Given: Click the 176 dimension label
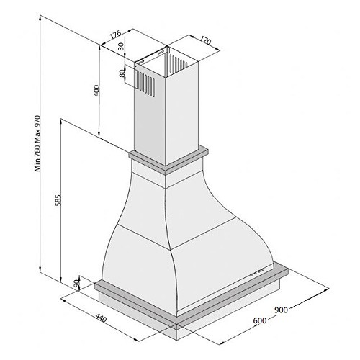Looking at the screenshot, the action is pos(116,35).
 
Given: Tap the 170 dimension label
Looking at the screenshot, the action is pos(206,40).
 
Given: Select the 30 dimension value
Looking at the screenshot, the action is pos(121,46).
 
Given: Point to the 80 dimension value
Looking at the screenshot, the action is pos(122,73).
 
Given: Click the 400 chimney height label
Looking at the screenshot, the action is pos(96,91).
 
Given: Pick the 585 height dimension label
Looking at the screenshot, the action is pos(58,199).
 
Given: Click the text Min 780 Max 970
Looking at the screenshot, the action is pos(37,143).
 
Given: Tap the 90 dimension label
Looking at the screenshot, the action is pos(76,284).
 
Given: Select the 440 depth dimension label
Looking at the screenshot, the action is pos(101,318).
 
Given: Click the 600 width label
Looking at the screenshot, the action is pos(260,320).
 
